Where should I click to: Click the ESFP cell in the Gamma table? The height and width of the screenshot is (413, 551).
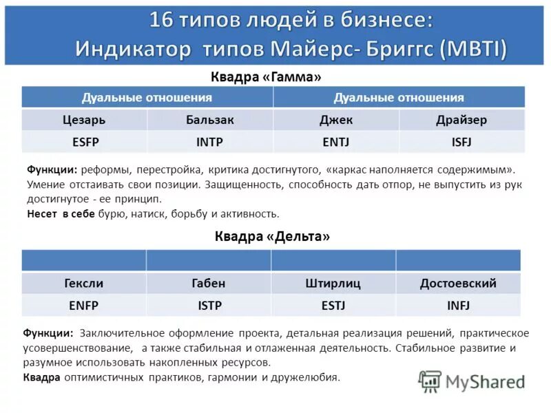[85, 142]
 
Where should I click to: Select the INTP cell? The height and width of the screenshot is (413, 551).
[209, 142]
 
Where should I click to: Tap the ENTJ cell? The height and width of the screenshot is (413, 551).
[336, 142]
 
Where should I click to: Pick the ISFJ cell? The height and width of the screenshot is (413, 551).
[461, 142]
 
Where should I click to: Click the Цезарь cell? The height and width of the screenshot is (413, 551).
[85, 120]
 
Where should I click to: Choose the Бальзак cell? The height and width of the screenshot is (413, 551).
[209, 120]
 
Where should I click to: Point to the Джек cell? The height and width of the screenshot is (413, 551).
[336, 120]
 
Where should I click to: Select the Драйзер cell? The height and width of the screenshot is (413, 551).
[461, 120]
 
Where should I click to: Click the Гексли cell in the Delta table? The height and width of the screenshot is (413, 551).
[83, 283]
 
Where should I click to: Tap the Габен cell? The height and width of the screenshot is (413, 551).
[208, 283]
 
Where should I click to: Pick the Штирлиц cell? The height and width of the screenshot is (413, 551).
[333, 283]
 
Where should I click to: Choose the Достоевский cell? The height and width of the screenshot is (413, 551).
[458, 283]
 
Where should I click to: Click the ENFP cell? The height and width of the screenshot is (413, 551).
[83, 304]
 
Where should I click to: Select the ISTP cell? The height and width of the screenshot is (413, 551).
[208, 304]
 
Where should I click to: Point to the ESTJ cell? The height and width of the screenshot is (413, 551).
[333, 304]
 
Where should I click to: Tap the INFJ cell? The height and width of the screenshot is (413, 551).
[458, 304]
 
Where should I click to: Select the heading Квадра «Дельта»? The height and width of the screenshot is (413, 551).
[272, 236]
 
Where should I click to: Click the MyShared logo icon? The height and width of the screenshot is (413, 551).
[430, 381]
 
